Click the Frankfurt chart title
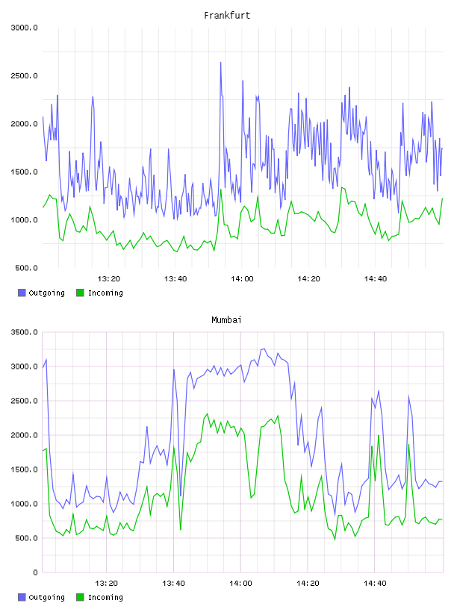pos(227,16)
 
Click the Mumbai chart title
pos(226,320)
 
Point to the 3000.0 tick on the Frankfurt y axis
pos(24,28)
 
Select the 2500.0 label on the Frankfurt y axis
pos(24,75)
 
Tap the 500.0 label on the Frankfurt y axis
pos(26,268)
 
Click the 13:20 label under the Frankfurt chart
pos(108,279)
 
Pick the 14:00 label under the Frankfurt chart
pos(242,279)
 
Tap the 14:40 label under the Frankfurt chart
pos(375,279)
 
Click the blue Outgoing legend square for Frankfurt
pos(22,293)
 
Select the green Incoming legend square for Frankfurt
pos(80,293)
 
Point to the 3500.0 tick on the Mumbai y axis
pos(24,332)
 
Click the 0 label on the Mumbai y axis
pos(35,572)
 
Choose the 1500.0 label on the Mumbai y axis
pos(24,469)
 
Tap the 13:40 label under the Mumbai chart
pos(173,584)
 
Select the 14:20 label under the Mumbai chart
pos(308,584)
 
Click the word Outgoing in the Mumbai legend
pos(46,597)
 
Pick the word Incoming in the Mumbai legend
pos(105,597)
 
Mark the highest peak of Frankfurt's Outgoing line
pos(221,62)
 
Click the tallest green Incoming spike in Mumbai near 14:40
pos(379,435)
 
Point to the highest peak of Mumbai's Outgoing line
pos(264,349)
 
